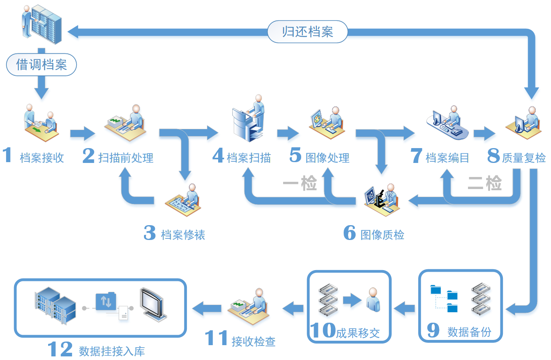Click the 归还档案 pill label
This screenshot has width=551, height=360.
[307, 32]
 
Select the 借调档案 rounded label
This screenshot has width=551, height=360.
[41, 65]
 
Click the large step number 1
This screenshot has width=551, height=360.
[7, 155]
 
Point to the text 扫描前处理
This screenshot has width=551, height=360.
[126, 158]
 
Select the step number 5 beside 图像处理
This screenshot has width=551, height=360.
[295, 155]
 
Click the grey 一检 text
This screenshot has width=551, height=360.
[300, 183]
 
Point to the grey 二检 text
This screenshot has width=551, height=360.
[484, 183]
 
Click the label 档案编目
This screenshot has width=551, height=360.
[447, 158]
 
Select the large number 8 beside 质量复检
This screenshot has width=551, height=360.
[493, 156]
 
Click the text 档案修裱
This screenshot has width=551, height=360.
[183, 235]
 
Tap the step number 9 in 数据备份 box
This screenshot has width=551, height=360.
[433, 330]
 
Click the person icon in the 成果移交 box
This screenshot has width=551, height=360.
[373, 300]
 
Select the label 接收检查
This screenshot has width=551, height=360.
[253, 341]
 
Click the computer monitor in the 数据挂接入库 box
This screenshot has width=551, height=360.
[152, 303]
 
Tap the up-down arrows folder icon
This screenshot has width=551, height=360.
[106, 301]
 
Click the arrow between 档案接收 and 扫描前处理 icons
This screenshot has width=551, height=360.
[82, 133]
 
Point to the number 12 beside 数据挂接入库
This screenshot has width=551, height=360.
[60, 349]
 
